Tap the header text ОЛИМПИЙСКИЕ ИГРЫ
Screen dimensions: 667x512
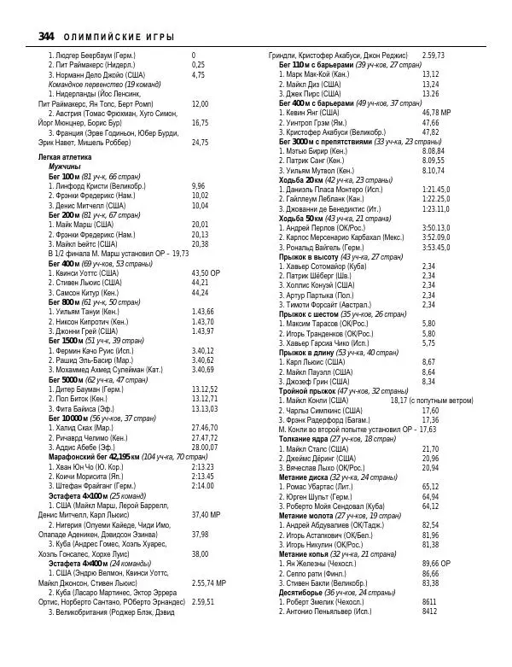[120, 37]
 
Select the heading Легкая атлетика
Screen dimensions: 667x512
[67, 158]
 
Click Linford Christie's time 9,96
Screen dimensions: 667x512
[198, 186]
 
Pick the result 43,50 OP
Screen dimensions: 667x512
[206, 272]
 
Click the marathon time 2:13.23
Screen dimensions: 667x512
[202, 467]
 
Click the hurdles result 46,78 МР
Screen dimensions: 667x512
[436, 113]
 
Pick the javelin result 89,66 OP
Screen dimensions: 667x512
[436, 564]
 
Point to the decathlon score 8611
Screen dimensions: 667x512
[429, 602]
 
